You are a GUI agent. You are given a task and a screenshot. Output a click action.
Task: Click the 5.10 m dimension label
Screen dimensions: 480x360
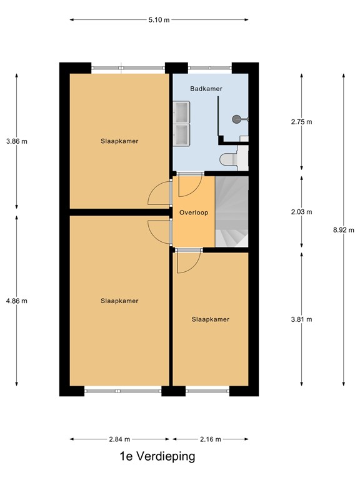click(x=159, y=20)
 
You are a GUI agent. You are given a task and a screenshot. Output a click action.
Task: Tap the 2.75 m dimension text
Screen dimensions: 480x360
click(x=301, y=122)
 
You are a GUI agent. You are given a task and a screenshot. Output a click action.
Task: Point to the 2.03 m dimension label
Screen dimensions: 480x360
click(x=301, y=212)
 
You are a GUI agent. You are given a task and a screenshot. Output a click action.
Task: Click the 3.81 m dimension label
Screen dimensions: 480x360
click(x=301, y=319)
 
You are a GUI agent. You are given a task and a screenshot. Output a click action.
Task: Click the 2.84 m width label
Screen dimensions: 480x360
click(x=119, y=439)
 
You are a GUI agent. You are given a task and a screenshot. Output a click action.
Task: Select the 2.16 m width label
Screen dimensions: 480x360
click(x=210, y=439)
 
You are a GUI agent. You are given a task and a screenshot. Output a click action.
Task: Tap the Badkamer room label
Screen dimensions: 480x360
click(x=206, y=89)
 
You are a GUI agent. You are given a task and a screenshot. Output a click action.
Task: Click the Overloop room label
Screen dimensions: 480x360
click(x=193, y=212)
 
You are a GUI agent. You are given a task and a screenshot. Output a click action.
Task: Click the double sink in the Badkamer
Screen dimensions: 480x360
click(x=182, y=123)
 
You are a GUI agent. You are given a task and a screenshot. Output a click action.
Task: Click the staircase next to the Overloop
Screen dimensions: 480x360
click(x=231, y=211)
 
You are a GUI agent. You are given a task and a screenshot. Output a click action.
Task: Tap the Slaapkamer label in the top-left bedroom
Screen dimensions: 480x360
click(x=119, y=141)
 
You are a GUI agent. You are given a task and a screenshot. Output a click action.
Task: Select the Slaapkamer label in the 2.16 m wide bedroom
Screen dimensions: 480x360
click(x=210, y=319)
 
